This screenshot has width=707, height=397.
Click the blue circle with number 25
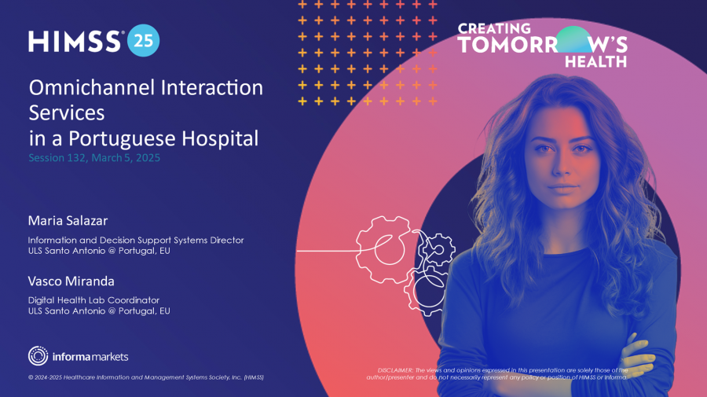coord(144,41)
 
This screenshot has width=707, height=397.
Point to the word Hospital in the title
coord(220,138)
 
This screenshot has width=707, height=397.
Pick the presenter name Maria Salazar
coord(68,221)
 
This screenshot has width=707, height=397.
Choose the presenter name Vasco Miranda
coord(71,281)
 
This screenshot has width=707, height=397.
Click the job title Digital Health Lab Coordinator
coord(93,300)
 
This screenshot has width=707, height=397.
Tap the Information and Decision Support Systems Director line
coord(136,240)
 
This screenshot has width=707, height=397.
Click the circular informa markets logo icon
coord(38,356)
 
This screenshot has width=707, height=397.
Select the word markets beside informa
coord(109,357)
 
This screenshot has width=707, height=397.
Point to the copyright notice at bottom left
coord(145,377)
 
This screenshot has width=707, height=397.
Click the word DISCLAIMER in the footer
coord(395,370)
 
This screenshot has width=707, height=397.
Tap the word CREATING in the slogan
coord(494,29)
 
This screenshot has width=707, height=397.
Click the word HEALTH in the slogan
coord(595,61)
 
